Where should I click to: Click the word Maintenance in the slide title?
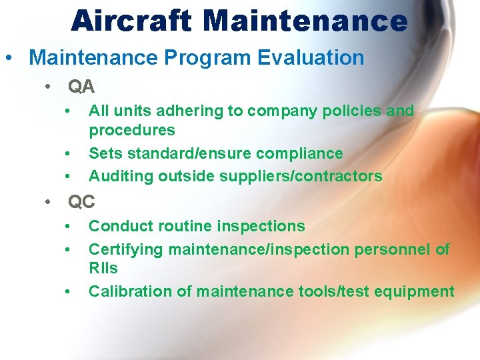coord(305,21)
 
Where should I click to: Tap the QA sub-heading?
coord(81,87)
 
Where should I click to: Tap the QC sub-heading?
coord(81,202)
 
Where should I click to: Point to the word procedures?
coord(131,130)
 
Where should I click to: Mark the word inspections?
coord(262,226)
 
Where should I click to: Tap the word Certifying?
coord(126,249)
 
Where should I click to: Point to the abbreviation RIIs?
coord(103,268)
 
